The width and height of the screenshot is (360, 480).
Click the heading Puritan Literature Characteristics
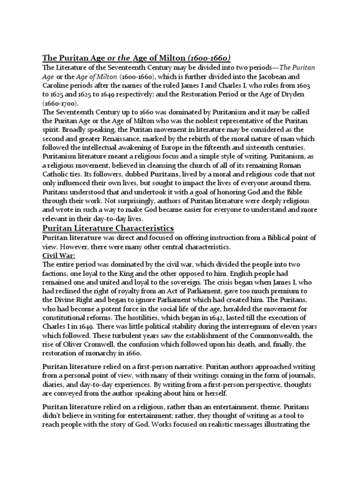[x=108, y=228]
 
